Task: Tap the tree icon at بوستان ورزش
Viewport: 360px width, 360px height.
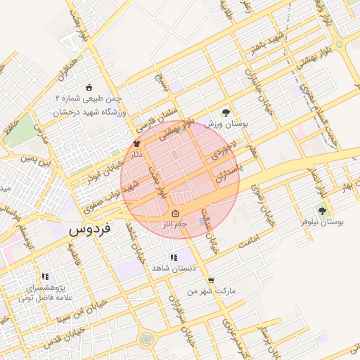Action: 226,112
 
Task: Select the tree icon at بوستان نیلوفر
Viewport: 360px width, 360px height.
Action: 322,210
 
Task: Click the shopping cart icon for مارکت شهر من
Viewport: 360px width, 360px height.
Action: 210,280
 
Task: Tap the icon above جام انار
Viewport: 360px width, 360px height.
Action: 174,214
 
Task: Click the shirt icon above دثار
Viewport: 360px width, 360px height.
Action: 136,143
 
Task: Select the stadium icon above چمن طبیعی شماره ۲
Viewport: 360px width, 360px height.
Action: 89,87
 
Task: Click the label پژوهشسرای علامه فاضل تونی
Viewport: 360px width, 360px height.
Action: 45,293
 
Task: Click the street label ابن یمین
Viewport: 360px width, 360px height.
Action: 37,162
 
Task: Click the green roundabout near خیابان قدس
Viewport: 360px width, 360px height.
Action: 147,340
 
